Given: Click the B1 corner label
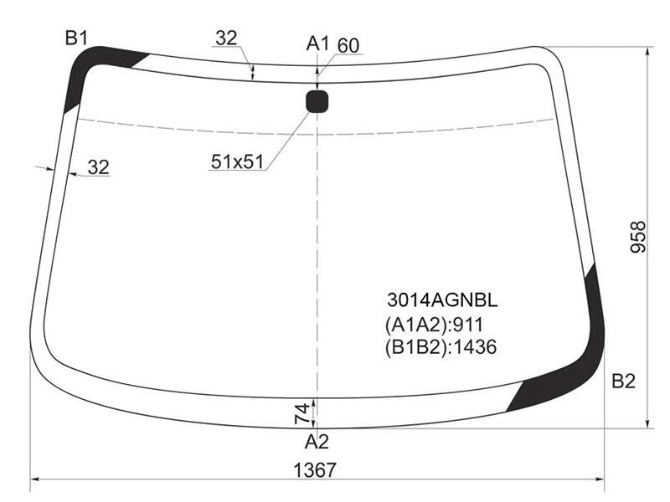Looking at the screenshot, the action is point(76,38).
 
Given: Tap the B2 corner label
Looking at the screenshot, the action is point(623,381).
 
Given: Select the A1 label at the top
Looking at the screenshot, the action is point(318,44).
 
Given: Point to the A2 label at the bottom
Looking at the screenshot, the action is point(317,443).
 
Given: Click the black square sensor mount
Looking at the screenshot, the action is point(317,101).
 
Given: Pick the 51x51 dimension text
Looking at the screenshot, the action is point(237,161).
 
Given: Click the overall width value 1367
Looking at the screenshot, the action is point(316,470).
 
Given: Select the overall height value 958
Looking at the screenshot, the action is point(638,237).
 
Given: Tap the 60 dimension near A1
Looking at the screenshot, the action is point(348,46).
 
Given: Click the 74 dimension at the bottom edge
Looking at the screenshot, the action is point(302,413).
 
